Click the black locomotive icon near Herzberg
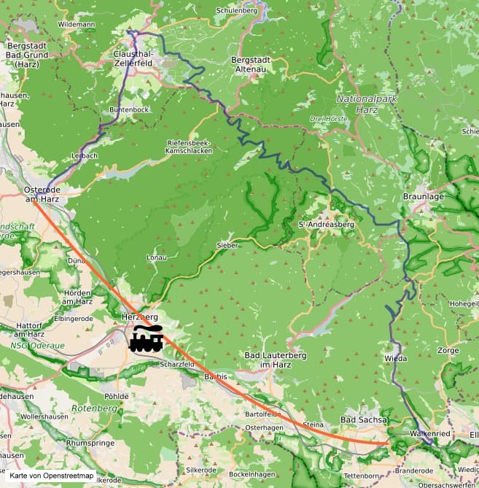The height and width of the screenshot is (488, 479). [x=147, y=339]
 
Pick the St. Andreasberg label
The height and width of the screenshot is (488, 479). [x=327, y=225]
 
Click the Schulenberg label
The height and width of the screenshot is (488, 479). [x=238, y=11]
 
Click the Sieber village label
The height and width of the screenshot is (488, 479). [x=227, y=246]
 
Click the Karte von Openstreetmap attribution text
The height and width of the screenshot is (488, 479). [x=52, y=476]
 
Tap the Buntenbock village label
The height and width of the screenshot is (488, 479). [x=129, y=109]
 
